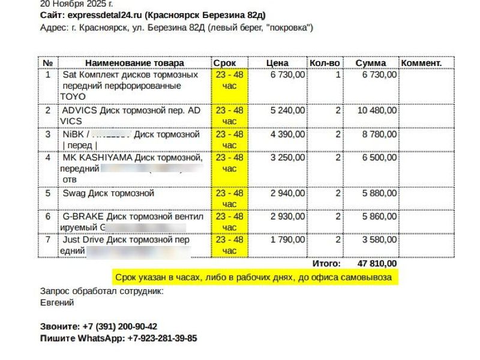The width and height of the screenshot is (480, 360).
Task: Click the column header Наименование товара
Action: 134,63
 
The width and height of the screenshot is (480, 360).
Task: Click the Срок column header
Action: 224,63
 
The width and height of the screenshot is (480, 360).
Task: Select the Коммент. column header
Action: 421,63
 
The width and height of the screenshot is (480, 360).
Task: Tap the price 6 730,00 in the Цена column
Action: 288,75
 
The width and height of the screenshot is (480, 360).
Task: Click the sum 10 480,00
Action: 377,110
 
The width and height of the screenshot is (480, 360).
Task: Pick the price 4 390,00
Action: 288,134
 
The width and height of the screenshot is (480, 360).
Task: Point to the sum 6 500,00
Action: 379,158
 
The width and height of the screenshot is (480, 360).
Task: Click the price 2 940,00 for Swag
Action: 288,193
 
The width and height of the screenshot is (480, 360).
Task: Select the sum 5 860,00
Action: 379,217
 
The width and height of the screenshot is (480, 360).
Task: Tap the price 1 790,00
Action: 288,240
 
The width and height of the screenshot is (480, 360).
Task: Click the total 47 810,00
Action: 377,263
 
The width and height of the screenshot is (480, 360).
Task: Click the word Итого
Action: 326,263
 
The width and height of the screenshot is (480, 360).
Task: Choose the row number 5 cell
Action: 48,193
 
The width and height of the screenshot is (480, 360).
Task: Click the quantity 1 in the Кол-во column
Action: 338,75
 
